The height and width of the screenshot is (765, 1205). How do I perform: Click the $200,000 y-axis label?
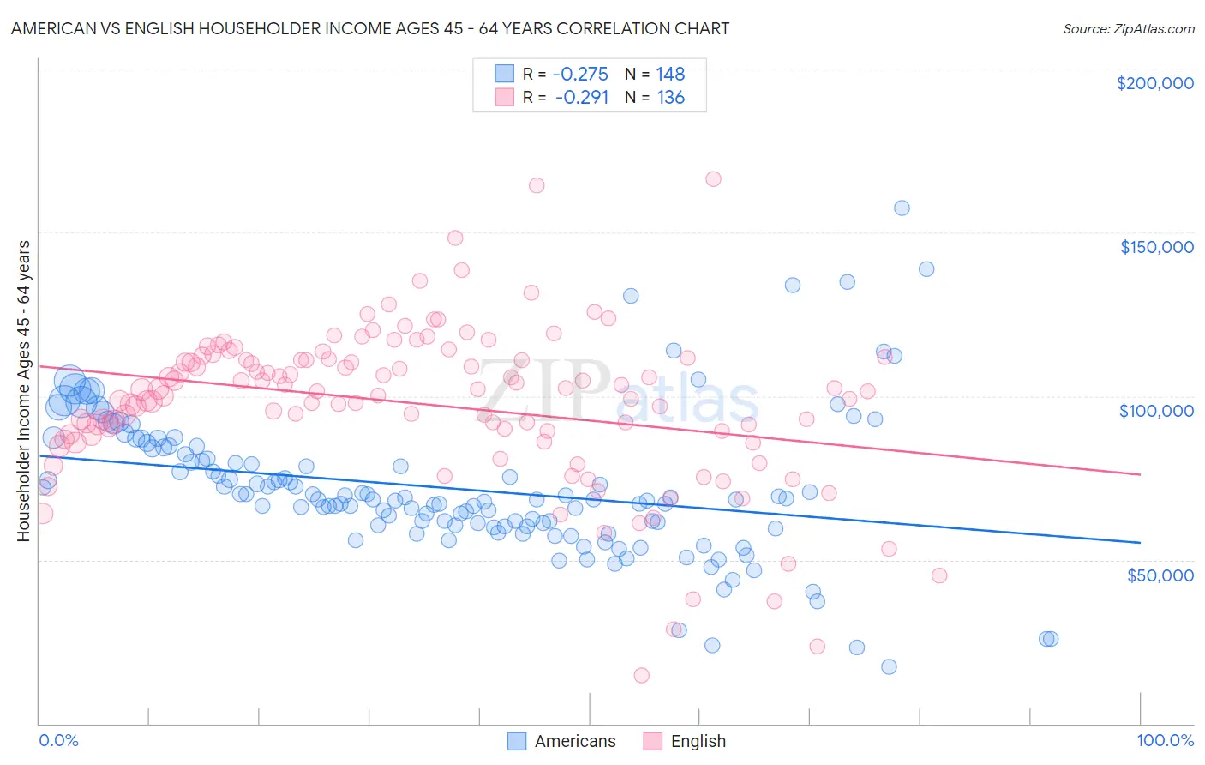(x=1154, y=83)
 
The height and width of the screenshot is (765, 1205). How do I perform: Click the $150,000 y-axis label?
(x=1156, y=247)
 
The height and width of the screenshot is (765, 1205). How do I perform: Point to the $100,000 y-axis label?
(x=1156, y=411)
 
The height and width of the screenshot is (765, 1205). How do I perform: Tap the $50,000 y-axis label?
(x=1160, y=575)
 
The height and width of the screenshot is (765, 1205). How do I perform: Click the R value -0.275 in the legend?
(x=580, y=75)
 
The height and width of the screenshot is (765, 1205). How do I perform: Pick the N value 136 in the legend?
(x=670, y=98)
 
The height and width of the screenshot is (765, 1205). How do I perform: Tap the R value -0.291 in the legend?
(x=582, y=98)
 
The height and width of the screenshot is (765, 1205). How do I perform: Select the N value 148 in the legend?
(x=670, y=75)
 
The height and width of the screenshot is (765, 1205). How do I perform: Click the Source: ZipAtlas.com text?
(x=1128, y=29)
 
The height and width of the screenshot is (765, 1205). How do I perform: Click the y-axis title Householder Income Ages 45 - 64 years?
(x=24, y=391)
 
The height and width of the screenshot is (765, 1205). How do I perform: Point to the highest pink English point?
(x=713, y=179)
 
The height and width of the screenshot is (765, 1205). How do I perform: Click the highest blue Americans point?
(x=902, y=208)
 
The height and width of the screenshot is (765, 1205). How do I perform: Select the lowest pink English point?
(x=641, y=676)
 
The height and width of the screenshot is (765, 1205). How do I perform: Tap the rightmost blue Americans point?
(x=1049, y=639)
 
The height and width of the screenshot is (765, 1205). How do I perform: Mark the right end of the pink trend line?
(x=1140, y=474)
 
